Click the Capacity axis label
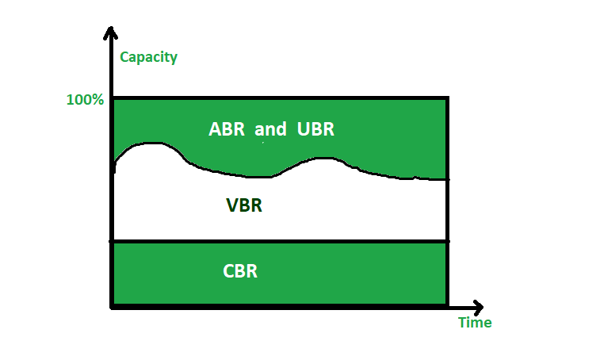pyautogui.click(x=148, y=57)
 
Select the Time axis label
pyautogui.click(x=475, y=323)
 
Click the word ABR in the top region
pyautogui.click(x=227, y=129)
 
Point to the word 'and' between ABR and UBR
pyautogui.click(x=270, y=129)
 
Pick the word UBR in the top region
pyautogui.click(x=317, y=129)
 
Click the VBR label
pyautogui.click(x=244, y=206)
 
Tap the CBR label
pyautogui.click(x=240, y=270)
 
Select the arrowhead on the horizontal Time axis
pyautogui.click(x=478, y=306)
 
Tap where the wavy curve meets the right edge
pyautogui.click(x=448, y=179)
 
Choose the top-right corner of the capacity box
pyautogui.click(x=448, y=98)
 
